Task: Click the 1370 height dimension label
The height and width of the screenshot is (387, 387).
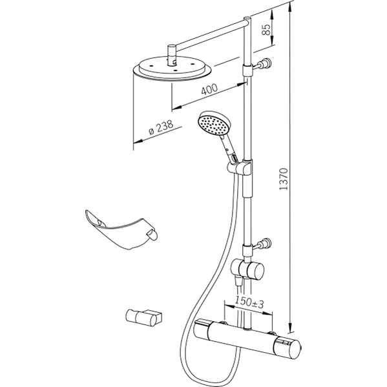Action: tap(284, 179)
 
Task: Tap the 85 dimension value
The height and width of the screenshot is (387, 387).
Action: tap(266, 30)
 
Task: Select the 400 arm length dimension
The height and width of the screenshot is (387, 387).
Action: tap(209, 89)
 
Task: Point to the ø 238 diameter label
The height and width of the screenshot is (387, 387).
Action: tap(161, 127)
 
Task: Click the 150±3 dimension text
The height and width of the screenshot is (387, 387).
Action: tap(249, 302)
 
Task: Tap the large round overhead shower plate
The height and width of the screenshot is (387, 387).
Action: tap(172, 69)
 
